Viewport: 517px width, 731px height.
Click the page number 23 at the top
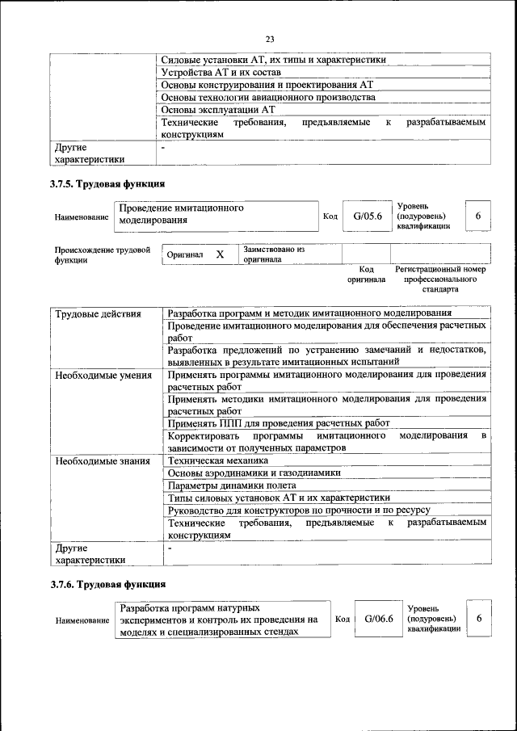[x=270, y=37]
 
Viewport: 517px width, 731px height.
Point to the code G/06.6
[x=378, y=619]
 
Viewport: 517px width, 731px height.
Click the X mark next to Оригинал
[x=219, y=254]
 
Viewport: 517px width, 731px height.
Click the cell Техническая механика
[x=217, y=460]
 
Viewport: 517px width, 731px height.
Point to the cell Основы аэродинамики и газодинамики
[x=254, y=473]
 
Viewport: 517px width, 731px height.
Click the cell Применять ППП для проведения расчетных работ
[x=279, y=423]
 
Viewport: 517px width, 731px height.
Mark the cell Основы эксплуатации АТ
[x=219, y=109]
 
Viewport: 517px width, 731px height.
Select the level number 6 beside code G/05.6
[x=479, y=216]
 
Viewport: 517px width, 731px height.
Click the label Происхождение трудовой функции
[x=102, y=254]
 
